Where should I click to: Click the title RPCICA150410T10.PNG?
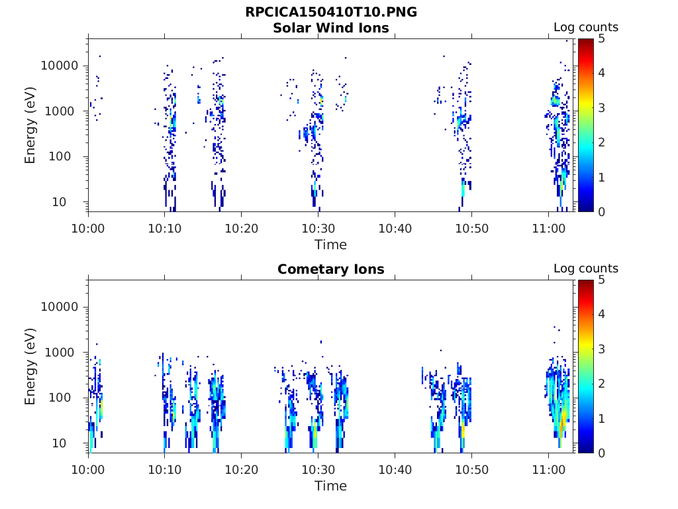[x=330, y=13]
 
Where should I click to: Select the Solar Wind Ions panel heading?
[x=330, y=28]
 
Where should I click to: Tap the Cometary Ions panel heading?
[x=330, y=269]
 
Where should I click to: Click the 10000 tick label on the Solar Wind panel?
[x=60, y=66]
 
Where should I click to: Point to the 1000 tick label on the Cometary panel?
[x=64, y=353]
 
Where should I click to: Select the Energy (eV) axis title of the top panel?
[x=30, y=125]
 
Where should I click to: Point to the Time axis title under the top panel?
[x=330, y=245]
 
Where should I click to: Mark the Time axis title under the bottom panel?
[x=330, y=486]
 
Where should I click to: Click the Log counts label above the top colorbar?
[x=585, y=28]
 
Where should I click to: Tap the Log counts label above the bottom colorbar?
[x=585, y=269]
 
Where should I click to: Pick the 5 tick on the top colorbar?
[x=601, y=39]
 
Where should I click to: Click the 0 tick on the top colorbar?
[x=601, y=211]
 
